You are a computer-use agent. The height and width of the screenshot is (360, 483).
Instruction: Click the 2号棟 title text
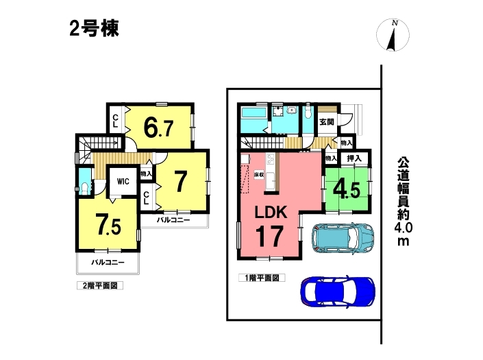tap(95, 29)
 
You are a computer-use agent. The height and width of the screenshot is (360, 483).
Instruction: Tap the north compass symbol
tap(393, 34)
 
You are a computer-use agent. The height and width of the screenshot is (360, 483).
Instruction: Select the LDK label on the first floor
tap(271, 212)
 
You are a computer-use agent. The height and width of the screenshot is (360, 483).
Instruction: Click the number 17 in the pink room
tap(269, 236)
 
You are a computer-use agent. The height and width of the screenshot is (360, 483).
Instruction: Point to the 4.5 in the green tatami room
tap(346, 189)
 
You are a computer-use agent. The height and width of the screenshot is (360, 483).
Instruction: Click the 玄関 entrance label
tap(327, 122)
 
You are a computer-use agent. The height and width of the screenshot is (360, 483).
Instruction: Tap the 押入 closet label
tap(354, 158)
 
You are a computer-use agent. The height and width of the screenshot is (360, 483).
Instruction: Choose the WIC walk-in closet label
tap(123, 181)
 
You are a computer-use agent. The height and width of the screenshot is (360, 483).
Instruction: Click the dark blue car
tap(338, 291)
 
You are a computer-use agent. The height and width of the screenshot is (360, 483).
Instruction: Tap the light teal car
tap(343, 238)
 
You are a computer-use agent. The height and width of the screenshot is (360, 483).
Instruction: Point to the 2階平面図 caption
tap(100, 286)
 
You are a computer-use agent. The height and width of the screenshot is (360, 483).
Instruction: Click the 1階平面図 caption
tap(262, 278)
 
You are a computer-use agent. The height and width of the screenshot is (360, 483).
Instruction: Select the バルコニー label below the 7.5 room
tap(108, 263)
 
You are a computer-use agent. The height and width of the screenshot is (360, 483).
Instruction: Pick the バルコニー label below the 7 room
tap(173, 220)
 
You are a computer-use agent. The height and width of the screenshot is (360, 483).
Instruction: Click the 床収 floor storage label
tap(259, 174)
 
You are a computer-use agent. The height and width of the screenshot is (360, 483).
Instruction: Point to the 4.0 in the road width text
tap(404, 228)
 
